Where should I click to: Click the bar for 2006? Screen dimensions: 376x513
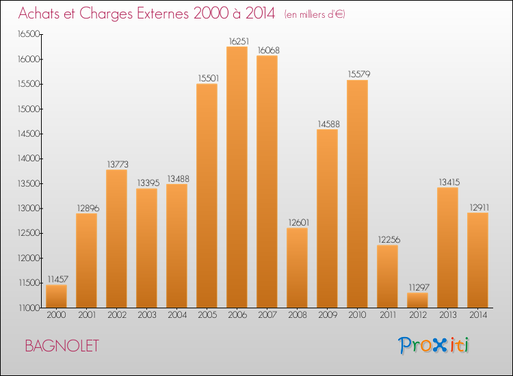237,177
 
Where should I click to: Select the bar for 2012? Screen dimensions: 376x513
417,300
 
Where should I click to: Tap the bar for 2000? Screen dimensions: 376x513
56,296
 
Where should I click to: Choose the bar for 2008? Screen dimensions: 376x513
297,267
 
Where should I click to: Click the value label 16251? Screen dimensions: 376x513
237,40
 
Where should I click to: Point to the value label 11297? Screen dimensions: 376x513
417,286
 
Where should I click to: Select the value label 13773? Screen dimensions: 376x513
116,163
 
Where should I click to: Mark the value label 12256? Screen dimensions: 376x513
387,239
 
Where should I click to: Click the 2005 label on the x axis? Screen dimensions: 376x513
207,316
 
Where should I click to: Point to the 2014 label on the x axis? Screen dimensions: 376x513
477,316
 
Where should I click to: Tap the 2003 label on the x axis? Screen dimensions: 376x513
146,316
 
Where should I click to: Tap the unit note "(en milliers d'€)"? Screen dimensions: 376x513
315,14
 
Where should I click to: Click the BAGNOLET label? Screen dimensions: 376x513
62,346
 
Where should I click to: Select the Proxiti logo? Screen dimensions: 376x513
434,345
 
